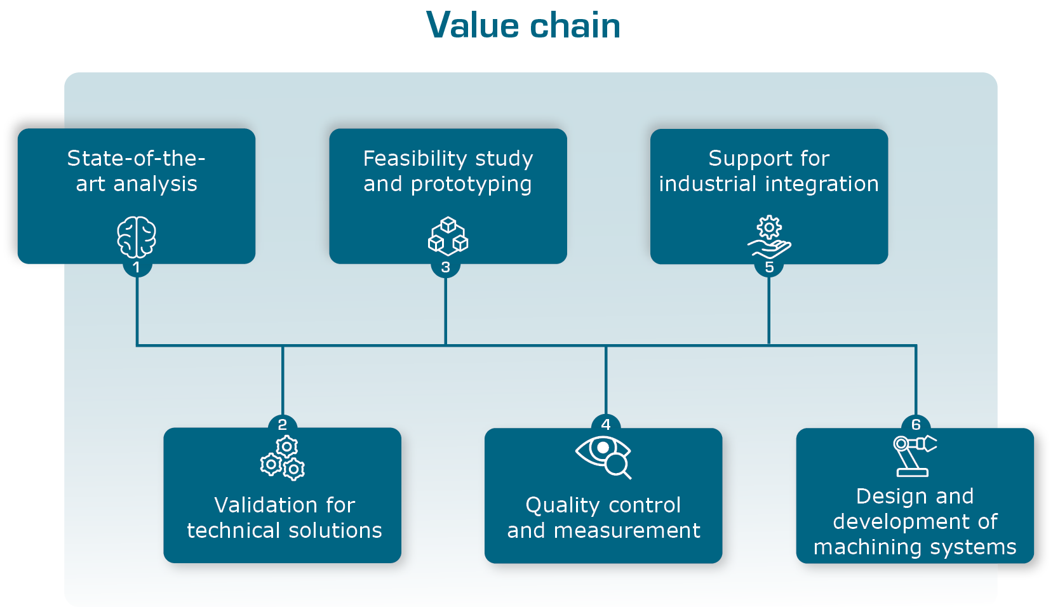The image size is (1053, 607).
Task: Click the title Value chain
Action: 523,26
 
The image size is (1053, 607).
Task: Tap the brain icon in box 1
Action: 137,237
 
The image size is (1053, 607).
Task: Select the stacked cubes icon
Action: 448,236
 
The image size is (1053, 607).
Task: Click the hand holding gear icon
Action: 769,237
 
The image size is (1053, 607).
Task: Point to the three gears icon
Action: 283,458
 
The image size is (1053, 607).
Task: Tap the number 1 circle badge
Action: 137,267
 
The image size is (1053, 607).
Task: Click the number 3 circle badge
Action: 446,267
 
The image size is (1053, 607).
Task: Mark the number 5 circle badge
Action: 769,267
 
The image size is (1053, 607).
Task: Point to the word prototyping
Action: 471,185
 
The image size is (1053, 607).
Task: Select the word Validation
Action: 266,505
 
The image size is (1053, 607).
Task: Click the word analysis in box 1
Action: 155,184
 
